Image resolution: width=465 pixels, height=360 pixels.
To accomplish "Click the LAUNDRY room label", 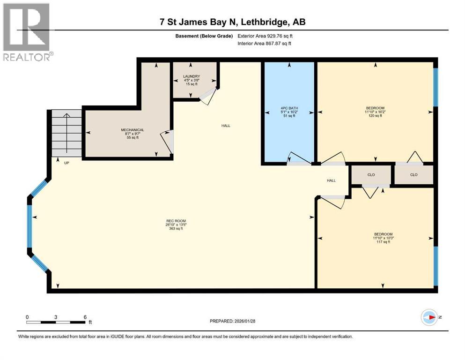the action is [x=192, y=76].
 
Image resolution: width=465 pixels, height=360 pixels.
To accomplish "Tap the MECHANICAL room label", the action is [x=133, y=130].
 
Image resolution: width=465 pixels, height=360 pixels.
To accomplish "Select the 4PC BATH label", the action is [x=289, y=108].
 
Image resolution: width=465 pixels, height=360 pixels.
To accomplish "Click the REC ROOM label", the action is [x=176, y=221].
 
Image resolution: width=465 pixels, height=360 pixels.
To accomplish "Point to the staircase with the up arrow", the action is [x=66, y=133].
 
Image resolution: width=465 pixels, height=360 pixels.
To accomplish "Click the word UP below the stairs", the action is [x=66, y=163].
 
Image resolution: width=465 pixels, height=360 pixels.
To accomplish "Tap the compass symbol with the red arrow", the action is [x=429, y=317].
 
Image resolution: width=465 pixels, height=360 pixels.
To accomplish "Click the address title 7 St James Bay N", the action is [x=199, y=22].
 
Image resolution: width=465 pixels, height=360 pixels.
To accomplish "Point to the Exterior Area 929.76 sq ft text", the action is [x=265, y=36].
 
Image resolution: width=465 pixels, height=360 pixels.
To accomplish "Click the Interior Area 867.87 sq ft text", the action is [x=264, y=43].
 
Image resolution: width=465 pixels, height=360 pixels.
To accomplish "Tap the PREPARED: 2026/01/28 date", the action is [x=232, y=321].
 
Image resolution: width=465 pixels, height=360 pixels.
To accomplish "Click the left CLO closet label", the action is [x=371, y=175].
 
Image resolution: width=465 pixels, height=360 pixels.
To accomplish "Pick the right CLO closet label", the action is [x=413, y=175].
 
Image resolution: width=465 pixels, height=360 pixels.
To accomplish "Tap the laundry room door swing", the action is [x=208, y=96].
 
